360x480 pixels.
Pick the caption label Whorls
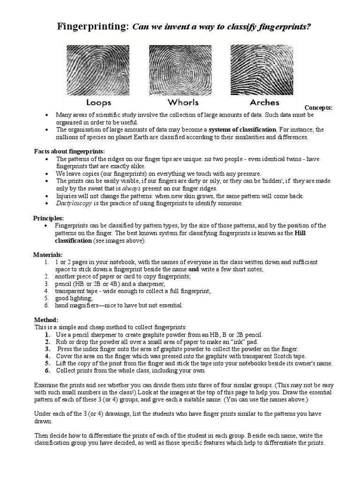click(x=182, y=102)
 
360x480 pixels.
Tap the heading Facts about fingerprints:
click(x=69, y=151)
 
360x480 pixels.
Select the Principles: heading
click(x=48, y=218)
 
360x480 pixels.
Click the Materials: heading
click(x=48, y=255)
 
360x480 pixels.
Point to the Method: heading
click(x=46, y=320)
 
